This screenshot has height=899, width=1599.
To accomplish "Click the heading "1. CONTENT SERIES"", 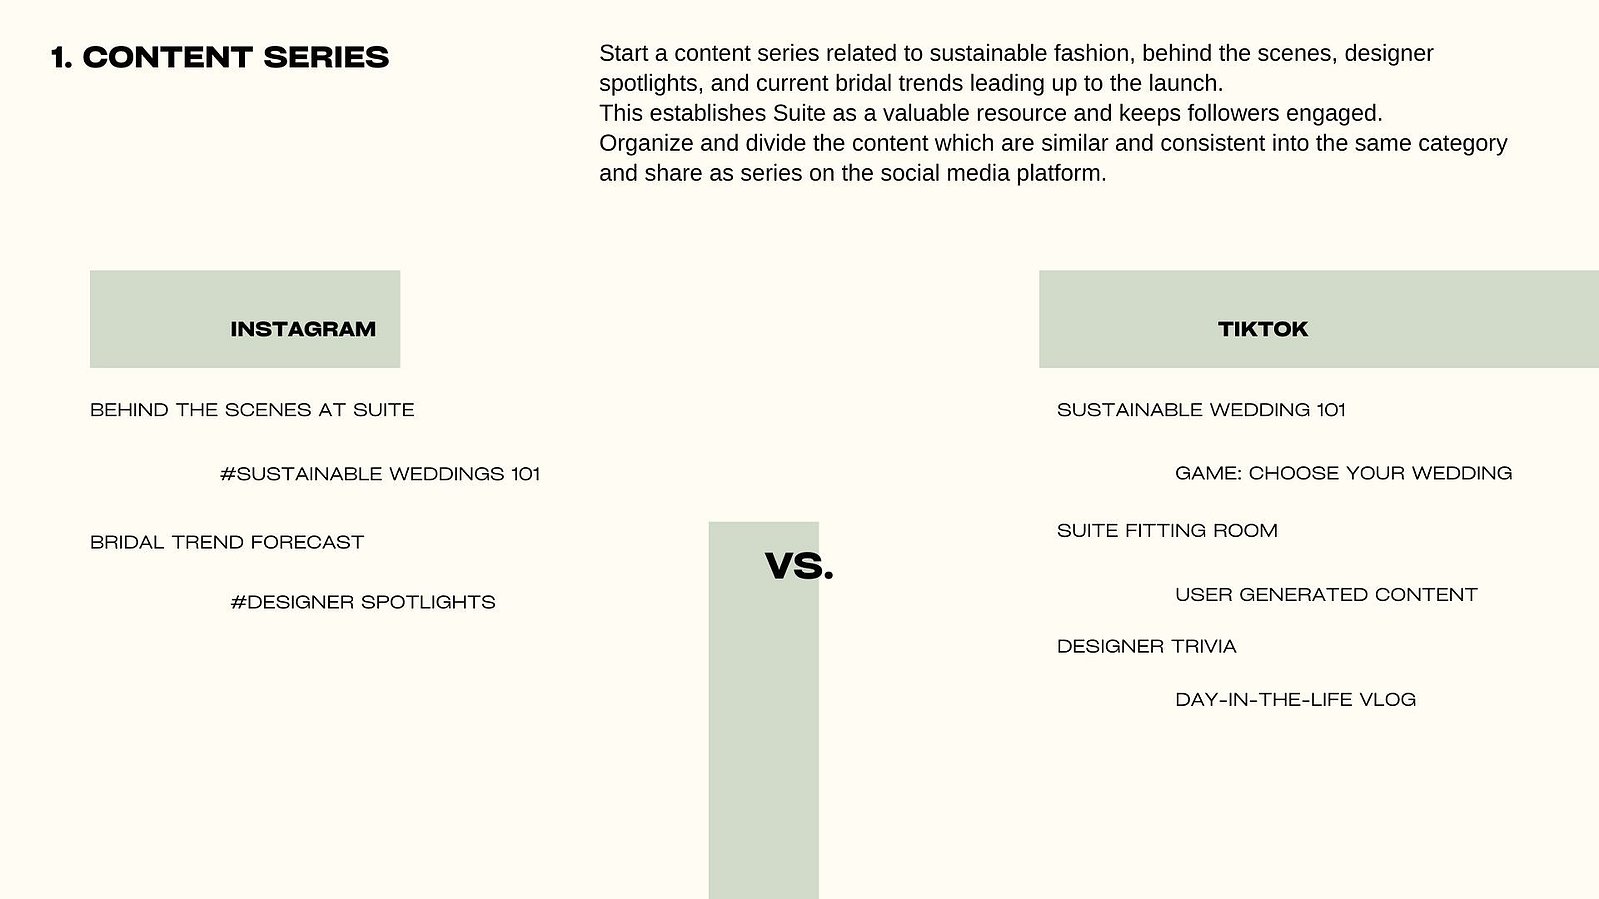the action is point(220,58).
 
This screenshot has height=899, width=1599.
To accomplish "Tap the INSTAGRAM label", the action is point(303,329).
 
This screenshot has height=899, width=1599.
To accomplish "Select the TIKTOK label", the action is point(1263,329).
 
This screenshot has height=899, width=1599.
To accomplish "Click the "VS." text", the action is point(799,566).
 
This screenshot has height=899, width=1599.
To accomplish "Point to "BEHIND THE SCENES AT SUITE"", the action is point(252,410).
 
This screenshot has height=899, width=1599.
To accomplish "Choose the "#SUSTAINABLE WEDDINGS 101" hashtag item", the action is point(380,474).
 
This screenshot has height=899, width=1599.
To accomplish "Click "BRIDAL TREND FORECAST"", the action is point(227,543).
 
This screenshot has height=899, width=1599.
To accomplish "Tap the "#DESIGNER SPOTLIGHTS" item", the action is point(363,603).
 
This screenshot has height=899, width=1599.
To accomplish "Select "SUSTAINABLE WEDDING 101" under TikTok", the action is point(1201,410).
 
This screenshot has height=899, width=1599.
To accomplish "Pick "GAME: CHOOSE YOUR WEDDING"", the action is point(1343,473).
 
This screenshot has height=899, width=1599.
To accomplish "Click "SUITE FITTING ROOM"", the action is point(1167,531).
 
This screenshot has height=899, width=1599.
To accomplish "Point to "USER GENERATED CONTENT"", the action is point(1326,595).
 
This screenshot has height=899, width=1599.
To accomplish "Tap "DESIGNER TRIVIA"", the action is point(1146,646).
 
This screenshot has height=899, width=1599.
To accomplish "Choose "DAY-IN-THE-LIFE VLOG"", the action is point(1296,700).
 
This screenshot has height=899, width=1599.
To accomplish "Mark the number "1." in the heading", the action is point(61,58).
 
